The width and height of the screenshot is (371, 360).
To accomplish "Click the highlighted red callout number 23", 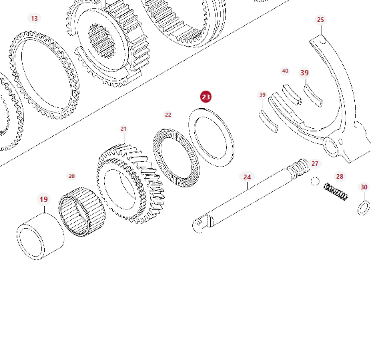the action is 206,97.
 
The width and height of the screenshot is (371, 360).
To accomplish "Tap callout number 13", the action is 34,19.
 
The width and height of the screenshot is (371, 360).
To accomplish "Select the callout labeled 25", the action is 320,20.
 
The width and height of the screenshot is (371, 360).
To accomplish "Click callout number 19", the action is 43,199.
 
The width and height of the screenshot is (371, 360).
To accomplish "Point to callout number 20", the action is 71,176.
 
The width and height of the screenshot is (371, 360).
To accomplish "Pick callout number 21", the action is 123,129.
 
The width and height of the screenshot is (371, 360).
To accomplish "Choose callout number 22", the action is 168,115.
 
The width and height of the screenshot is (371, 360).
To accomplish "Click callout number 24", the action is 247,177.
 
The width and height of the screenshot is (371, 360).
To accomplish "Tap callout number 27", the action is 315,163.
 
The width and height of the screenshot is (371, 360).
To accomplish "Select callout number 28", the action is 340,177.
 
